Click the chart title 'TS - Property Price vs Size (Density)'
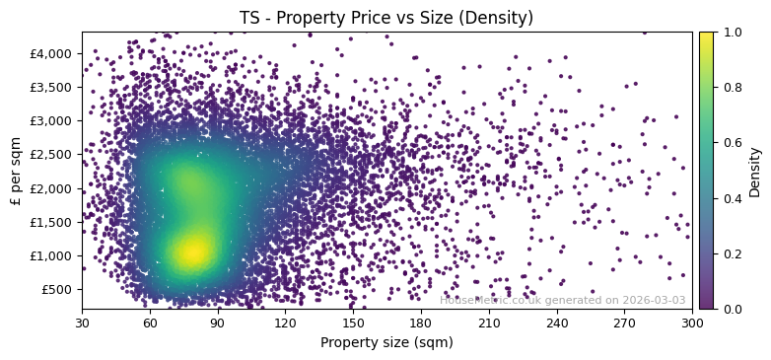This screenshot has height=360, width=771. coord(386,18)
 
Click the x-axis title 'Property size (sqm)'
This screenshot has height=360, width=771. coord(386,343)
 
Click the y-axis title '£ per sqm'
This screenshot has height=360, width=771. coord(15,171)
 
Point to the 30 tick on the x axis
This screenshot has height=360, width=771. coord(82,323)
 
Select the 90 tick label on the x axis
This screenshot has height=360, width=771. coord(218,323)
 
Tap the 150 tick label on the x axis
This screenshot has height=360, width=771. coord(353,323)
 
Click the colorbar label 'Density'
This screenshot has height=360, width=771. coord(755,171)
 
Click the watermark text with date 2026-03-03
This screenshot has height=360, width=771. coord(563,300)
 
